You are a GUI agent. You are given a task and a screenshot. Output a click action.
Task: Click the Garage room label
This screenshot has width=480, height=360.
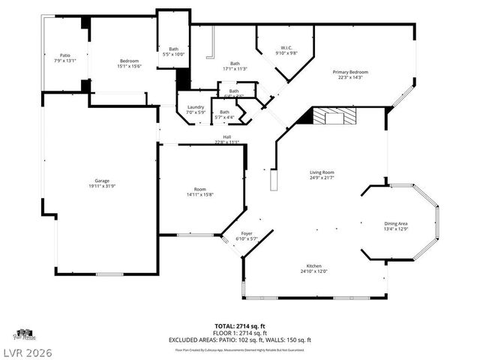point(101,181)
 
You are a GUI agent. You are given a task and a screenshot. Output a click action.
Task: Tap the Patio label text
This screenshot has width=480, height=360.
point(65,55)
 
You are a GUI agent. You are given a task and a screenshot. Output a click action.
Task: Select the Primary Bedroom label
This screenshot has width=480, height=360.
point(352,72)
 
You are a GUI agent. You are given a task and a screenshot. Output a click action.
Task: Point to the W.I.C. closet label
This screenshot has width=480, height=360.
point(286,48)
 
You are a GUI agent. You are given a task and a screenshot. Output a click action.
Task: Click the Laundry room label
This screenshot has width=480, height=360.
point(196,107)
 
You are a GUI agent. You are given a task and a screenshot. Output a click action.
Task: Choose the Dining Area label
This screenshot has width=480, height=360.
point(396,223)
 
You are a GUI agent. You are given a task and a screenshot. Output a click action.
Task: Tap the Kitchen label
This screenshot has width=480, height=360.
point(313,266)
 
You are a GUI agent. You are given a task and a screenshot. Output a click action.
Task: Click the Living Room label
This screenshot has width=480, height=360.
point(322,172)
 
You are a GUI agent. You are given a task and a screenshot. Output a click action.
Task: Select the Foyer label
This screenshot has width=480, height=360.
point(246,234)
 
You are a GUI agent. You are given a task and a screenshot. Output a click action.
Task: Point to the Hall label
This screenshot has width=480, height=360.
point(226,136)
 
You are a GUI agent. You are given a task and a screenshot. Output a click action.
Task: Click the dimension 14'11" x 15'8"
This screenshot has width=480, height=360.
point(200,194)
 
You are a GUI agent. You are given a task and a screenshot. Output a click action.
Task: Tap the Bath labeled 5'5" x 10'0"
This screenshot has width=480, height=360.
point(173,54)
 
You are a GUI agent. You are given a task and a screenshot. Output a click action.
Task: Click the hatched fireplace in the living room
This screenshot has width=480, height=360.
point(334,115)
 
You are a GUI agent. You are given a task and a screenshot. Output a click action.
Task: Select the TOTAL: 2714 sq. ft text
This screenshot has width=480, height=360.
point(240,325)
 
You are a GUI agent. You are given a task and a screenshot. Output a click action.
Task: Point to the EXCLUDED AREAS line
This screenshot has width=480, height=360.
point(240,340)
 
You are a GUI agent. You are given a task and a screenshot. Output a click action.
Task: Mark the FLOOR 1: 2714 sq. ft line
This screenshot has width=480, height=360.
point(240,333)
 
